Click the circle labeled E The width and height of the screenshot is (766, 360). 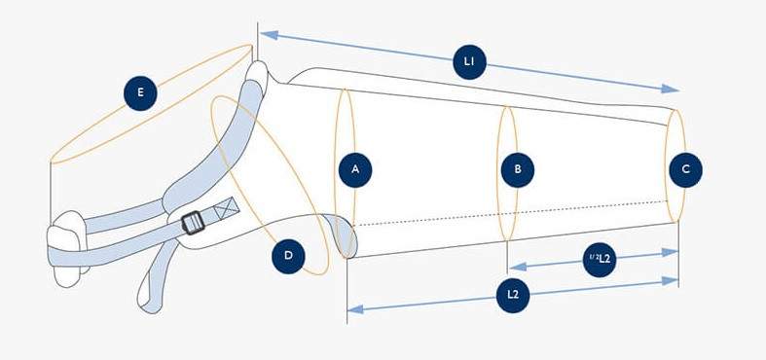pyautogui.click(x=140, y=93)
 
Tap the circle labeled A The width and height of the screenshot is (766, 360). pyautogui.click(x=355, y=170)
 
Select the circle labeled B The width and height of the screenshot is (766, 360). pyautogui.click(x=518, y=170)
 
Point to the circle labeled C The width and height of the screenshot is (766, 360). pyautogui.click(x=685, y=170)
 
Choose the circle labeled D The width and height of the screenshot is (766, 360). pyautogui.click(x=288, y=257)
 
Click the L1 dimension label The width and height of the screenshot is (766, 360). pyautogui.click(x=469, y=62)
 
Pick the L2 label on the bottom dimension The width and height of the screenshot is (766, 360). pyautogui.click(x=513, y=295)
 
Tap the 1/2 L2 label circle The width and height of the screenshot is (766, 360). pyautogui.click(x=600, y=260)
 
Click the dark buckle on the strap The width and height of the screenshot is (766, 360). pyautogui.click(x=193, y=223)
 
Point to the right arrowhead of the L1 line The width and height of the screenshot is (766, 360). pyautogui.click(x=671, y=89)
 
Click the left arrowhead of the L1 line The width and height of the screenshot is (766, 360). pyautogui.click(x=270, y=35)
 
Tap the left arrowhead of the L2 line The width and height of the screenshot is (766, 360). pyautogui.click(x=355, y=308)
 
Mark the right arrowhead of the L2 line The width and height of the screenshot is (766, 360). pyautogui.click(x=671, y=281)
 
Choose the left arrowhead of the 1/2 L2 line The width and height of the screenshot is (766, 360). pyautogui.click(x=518, y=267)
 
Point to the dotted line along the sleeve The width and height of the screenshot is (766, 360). pyautogui.click(x=510, y=213)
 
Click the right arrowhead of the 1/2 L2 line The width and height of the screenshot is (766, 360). pyautogui.click(x=671, y=252)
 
